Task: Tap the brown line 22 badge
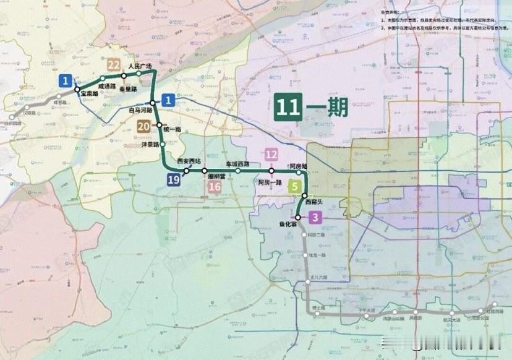[x=113, y=64]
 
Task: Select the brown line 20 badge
[x=143, y=126]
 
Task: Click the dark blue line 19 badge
[x=174, y=179]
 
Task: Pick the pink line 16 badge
[x=215, y=187]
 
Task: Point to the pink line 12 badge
[x=271, y=155]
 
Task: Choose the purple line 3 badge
[x=316, y=217]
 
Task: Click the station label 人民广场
[x=140, y=65]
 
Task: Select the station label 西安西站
[x=189, y=161]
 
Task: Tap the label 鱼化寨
[x=288, y=225]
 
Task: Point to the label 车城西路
[x=237, y=164]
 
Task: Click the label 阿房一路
[x=270, y=182]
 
